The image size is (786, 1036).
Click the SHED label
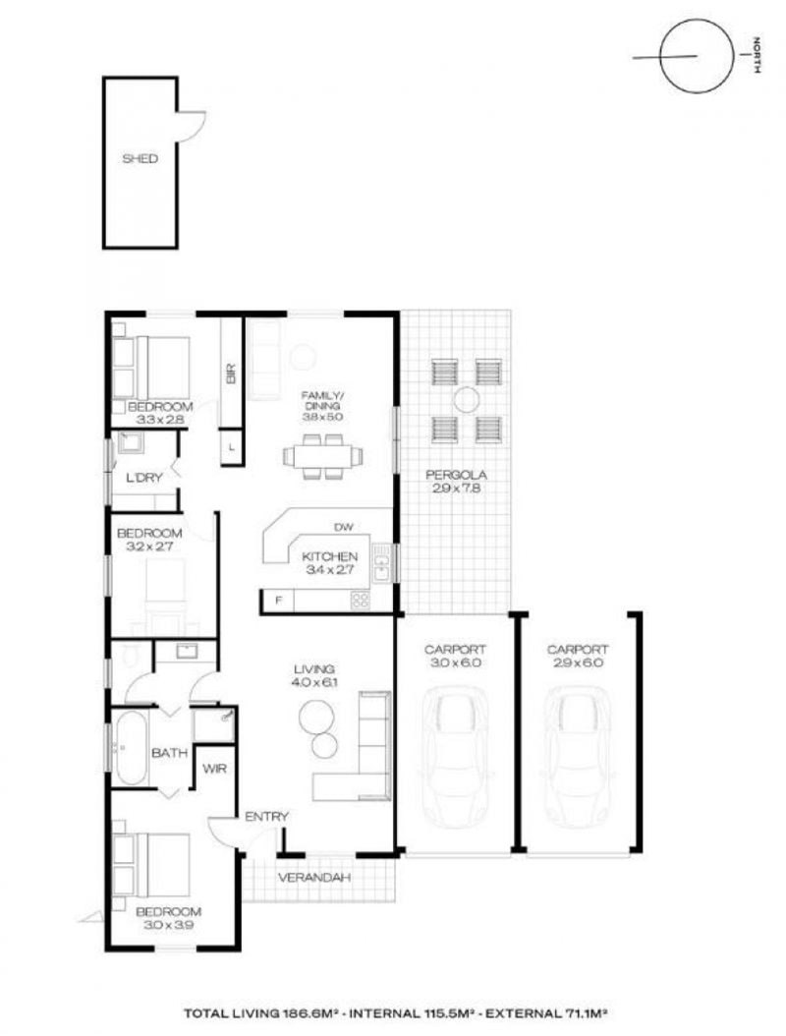point(140,158)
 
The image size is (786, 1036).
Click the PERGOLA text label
point(457,475)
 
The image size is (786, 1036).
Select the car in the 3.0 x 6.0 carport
point(455,757)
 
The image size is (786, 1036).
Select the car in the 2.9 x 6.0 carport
point(578,757)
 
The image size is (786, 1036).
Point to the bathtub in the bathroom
point(129,748)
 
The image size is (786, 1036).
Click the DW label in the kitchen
point(344,527)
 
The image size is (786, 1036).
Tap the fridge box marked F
point(279,601)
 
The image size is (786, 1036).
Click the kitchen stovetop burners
point(361,600)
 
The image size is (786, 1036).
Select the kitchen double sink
point(381,562)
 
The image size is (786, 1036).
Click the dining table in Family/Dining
point(323,456)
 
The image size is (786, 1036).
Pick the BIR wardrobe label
point(231,374)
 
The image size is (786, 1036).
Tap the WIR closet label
point(214,769)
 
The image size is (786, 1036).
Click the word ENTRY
point(267,817)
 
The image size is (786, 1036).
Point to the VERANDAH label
point(313,878)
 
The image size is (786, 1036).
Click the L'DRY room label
point(143,477)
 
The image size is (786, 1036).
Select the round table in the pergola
point(467,400)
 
